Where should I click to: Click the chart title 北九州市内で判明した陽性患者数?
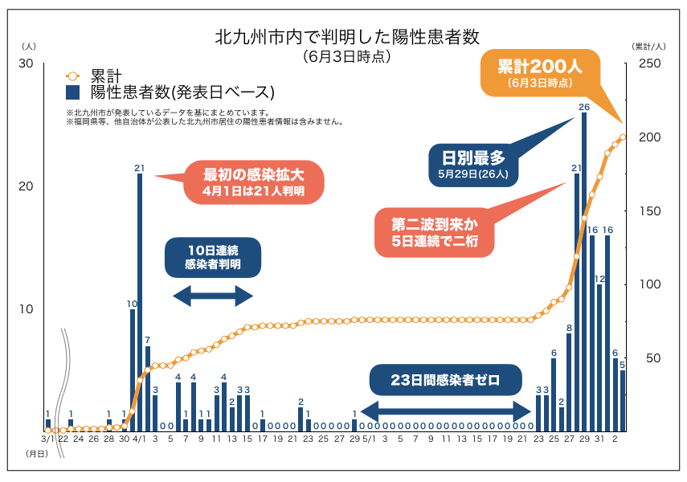point(346,37)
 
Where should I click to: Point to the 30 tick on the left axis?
point(26,63)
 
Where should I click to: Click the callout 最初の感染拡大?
point(254,182)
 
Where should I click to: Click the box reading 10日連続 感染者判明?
point(212,255)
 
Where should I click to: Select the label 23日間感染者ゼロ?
point(446,380)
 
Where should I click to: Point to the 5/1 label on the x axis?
point(369,439)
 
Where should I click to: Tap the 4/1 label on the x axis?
point(139,439)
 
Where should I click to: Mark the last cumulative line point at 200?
point(623,137)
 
